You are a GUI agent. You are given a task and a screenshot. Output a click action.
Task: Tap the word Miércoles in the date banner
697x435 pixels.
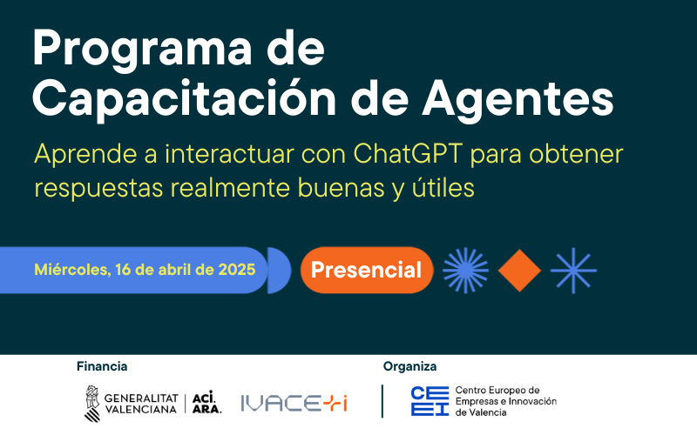pos(71,269)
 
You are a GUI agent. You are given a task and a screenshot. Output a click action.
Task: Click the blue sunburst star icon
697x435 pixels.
pos(466,270)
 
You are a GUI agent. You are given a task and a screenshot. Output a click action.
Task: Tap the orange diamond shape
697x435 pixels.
pos(520,270)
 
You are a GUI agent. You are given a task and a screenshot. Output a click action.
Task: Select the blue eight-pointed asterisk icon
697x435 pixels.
pos(574,270)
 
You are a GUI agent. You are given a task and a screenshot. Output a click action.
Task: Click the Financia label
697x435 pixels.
pos(102,366)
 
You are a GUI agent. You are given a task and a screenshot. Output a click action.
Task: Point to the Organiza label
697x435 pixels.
pos(409,366)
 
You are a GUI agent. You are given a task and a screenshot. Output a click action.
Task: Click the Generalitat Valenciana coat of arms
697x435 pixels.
pos(91,401)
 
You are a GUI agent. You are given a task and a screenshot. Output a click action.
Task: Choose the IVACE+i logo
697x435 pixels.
pos(294,402)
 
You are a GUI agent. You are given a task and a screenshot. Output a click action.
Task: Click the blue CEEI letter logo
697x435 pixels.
pos(430,401)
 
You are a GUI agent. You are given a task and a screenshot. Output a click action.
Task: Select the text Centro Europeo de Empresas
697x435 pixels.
pos(505,396)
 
